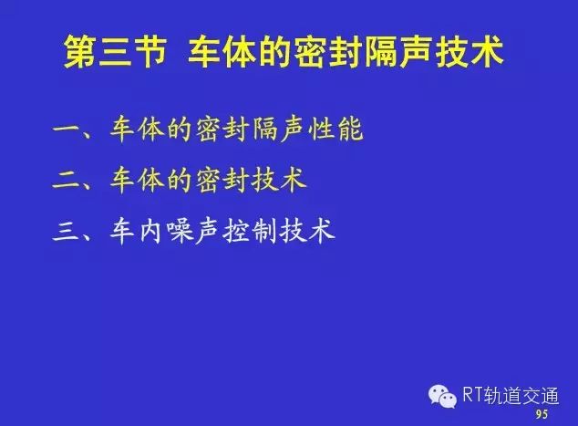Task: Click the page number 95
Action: [x=542, y=414]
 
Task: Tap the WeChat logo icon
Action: [x=442, y=397]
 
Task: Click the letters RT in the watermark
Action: [x=473, y=395]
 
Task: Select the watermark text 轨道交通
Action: [x=521, y=396]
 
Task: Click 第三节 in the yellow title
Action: [x=116, y=51]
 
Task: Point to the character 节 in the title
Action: [x=150, y=51]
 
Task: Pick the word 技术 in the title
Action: [x=469, y=51]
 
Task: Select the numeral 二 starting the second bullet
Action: [x=66, y=181]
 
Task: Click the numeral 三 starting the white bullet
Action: [x=66, y=233]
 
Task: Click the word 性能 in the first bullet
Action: [x=335, y=130]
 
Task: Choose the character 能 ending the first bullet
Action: [x=350, y=130]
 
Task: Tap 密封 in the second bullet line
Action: [x=222, y=181]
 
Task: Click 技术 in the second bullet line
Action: [x=279, y=181]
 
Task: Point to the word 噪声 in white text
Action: [x=194, y=232]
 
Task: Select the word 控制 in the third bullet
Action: [x=251, y=232]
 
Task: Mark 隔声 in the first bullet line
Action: [x=279, y=130]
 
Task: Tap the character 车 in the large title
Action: [x=205, y=51]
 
